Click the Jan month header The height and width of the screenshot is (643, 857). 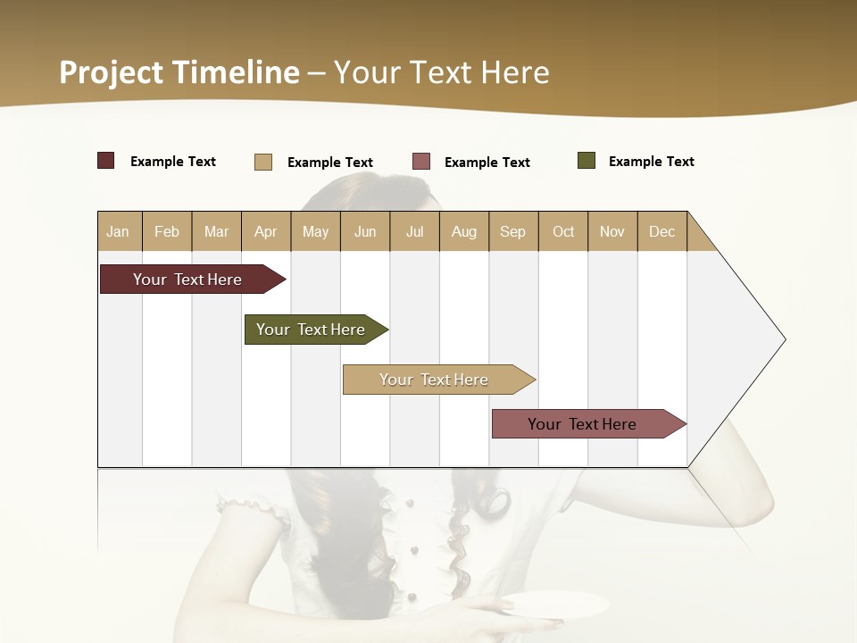119,231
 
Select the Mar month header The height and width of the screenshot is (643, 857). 216,231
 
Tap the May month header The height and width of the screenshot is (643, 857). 315,231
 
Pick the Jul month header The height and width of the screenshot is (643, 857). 414,231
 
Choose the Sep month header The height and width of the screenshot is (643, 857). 512,231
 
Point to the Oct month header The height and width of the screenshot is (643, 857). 563,231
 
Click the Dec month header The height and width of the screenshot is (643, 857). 661,231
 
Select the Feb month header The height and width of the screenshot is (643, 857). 167,231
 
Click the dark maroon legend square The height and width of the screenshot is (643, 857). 106,161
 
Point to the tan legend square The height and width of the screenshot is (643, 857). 263,162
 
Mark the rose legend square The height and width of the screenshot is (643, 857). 421,161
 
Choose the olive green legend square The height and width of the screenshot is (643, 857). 587,161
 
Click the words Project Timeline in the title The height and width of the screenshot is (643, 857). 179,72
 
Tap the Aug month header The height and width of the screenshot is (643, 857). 463,231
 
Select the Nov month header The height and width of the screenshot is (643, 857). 612,231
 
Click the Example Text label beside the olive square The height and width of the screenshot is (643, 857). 651,162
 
